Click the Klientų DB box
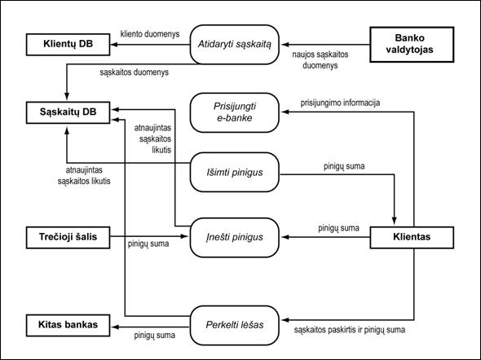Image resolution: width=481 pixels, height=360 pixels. pyautogui.click(x=68, y=45)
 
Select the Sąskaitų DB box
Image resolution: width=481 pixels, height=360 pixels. pyautogui.click(x=68, y=112)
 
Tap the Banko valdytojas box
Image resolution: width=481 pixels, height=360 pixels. pyautogui.click(x=412, y=45)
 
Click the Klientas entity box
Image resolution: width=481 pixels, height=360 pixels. pyautogui.click(x=412, y=238)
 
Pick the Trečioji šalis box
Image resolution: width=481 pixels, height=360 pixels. pyautogui.click(x=68, y=238)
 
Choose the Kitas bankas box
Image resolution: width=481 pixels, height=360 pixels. pyautogui.click(x=68, y=325)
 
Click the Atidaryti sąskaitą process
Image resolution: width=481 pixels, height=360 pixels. pyautogui.click(x=234, y=45)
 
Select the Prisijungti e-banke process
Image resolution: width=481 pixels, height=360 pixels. pyautogui.click(x=234, y=112)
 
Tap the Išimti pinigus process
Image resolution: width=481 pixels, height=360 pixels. pyautogui.click(x=234, y=172)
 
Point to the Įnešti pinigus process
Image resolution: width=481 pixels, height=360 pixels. pyautogui.click(x=234, y=238)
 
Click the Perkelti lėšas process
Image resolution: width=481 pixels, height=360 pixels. pyautogui.click(x=234, y=325)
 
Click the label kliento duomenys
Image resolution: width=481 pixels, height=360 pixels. pyautogui.click(x=150, y=33)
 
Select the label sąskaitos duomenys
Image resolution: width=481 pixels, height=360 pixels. pyautogui.click(x=134, y=72)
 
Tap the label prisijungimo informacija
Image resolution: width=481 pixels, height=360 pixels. pyautogui.click(x=340, y=103)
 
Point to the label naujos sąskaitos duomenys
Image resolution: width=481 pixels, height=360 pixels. pyautogui.click(x=320, y=59)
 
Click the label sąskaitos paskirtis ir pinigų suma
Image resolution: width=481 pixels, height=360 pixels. pyautogui.click(x=350, y=330)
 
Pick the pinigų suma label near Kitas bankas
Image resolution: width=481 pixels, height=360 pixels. pyautogui.click(x=154, y=336)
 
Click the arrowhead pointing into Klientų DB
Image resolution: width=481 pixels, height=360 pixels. pyautogui.click(x=114, y=45)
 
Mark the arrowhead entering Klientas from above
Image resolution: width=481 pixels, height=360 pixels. pyautogui.click(x=395, y=222)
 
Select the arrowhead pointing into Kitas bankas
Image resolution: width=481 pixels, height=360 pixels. pyautogui.click(x=114, y=327)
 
